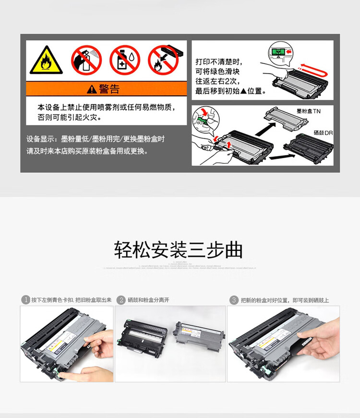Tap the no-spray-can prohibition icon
pyautogui.click(x=86, y=60)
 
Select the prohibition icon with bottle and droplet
pyautogui.click(x=124, y=60)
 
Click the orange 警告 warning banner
pyautogui.click(x=106, y=88)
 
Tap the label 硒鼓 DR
pyautogui.click(x=323, y=133)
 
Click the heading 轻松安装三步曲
pyautogui.click(x=178, y=250)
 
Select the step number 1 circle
pyautogui.click(x=25, y=300)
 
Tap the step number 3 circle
pyautogui.click(x=234, y=300)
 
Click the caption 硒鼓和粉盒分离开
pyautogui.click(x=148, y=300)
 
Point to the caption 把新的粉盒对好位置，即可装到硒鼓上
pyautogui.click(x=285, y=300)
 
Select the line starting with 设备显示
pyautogui.click(x=96, y=139)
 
